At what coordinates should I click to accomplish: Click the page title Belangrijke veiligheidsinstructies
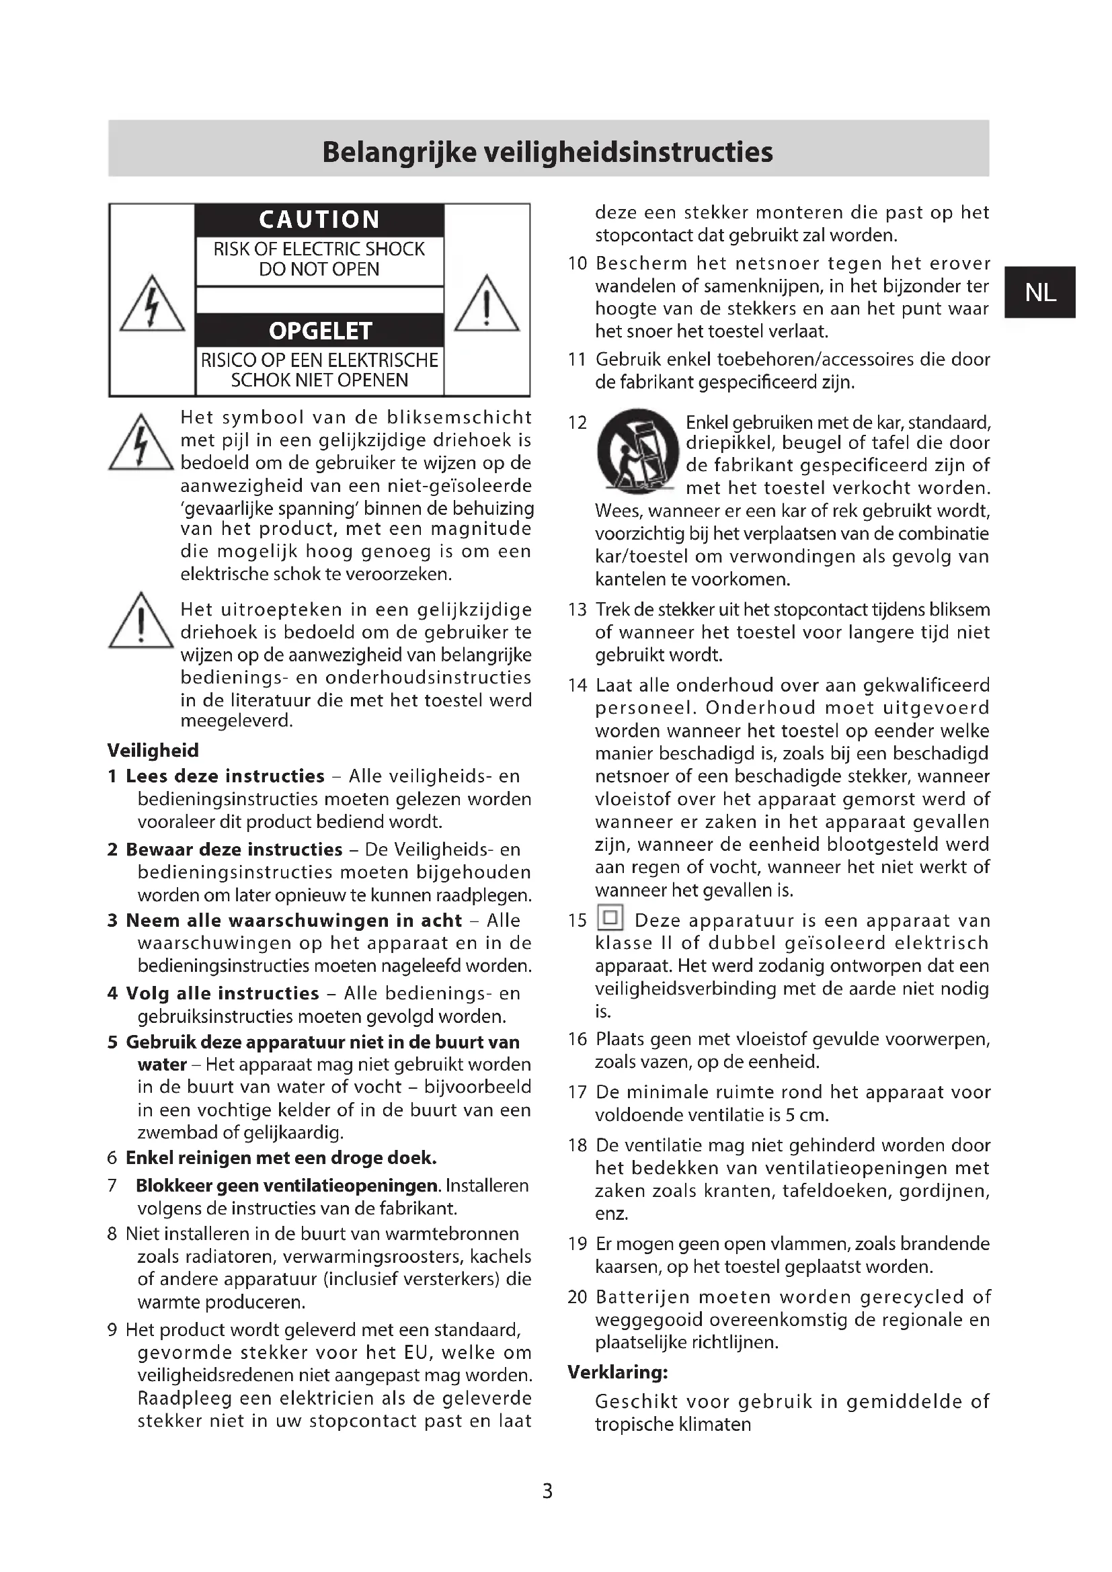tap(547, 152)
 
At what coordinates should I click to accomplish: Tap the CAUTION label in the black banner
tap(319, 220)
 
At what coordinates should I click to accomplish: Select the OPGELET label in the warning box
tap(320, 331)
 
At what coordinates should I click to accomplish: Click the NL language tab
tap(1039, 292)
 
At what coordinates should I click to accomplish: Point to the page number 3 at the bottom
tap(547, 1491)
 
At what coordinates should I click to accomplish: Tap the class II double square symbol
tap(610, 917)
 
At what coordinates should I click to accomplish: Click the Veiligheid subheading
tap(153, 751)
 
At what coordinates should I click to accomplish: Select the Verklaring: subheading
tap(618, 1372)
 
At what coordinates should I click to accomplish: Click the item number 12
tap(578, 423)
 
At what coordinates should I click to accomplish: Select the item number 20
tap(578, 1296)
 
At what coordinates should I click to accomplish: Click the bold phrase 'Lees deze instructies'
tap(225, 776)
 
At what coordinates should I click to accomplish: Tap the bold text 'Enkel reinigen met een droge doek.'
tap(281, 1158)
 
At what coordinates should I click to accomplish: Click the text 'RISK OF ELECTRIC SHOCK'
tap(319, 249)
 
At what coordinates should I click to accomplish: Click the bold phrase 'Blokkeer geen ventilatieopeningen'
tap(287, 1185)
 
